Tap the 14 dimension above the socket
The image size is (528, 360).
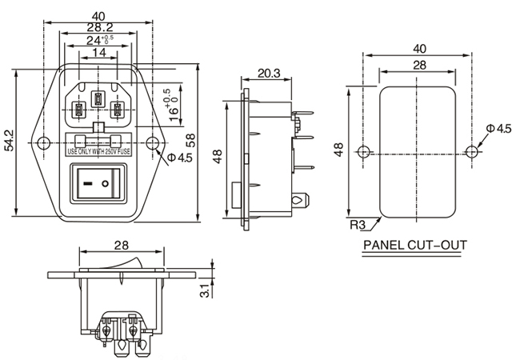99,52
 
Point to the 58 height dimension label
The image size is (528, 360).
211,139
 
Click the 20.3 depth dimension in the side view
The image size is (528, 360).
269,73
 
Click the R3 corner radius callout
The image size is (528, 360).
358,224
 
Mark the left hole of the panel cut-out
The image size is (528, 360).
364,151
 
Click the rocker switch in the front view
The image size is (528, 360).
99,182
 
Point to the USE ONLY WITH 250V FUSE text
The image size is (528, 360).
100,150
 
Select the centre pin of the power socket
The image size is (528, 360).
99,100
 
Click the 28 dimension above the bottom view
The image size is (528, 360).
121,244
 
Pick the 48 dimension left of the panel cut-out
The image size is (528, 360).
338,150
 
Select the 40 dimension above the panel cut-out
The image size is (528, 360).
418,48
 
